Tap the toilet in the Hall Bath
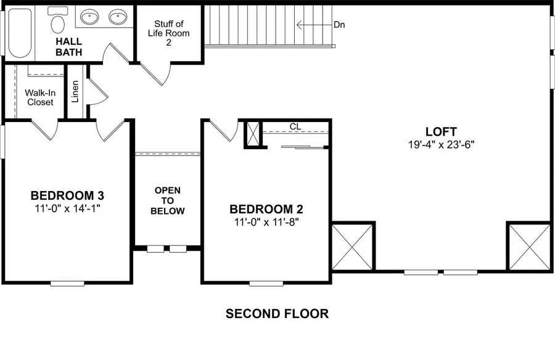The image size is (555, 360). coord(59,21)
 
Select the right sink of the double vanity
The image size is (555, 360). coord(118,17)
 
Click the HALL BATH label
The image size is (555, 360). coord(69,47)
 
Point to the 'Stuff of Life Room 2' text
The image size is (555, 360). coord(168,33)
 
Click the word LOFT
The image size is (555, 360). coord(441,131)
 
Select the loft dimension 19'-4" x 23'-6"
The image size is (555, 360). coord(441,145)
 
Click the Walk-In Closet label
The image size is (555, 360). coord(39,97)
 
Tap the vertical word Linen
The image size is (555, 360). coord(75,92)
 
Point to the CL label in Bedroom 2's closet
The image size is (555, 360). coord(295,126)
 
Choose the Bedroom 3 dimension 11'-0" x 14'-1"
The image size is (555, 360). coord(67,208)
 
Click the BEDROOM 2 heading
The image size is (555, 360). coord(266,209)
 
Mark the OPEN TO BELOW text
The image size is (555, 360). coord(168,200)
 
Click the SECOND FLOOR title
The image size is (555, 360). coord(277,314)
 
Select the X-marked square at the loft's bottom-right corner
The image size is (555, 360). coord(528,246)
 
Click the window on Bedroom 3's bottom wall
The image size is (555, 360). coord(67,284)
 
